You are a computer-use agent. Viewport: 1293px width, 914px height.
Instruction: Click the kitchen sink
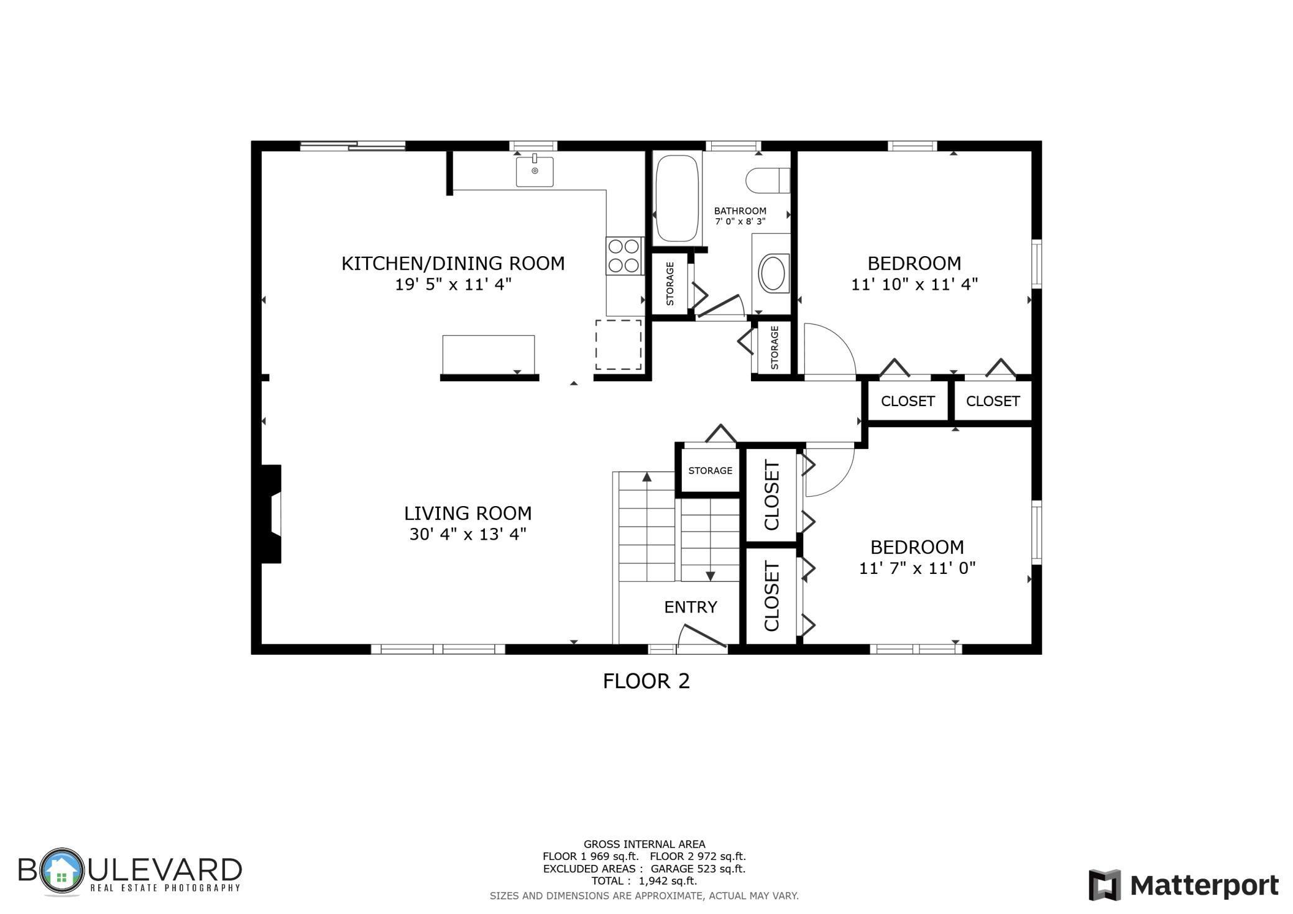click(x=534, y=171)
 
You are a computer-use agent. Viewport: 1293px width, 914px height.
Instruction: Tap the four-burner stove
click(x=624, y=256)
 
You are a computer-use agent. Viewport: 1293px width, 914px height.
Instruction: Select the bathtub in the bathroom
click(x=677, y=198)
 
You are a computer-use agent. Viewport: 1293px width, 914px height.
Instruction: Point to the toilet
click(x=767, y=181)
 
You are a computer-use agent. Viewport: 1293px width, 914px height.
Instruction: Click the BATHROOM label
click(x=740, y=211)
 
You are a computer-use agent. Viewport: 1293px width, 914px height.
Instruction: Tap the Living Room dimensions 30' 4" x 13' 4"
click(x=467, y=534)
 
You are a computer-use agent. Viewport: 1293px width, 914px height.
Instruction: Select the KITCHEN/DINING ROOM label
click(x=453, y=264)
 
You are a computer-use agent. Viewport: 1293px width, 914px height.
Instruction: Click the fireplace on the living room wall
click(x=271, y=514)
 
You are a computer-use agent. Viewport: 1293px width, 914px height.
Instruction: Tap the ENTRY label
click(x=690, y=607)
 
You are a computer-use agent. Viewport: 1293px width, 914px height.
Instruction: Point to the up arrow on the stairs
click(x=646, y=477)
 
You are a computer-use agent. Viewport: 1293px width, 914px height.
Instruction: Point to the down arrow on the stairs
click(x=711, y=576)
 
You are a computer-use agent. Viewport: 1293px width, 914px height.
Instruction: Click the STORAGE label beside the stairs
click(x=710, y=471)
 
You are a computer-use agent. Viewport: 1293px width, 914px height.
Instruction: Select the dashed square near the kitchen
click(x=618, y=345)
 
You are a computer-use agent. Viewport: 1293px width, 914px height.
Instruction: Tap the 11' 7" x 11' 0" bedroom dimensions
click(x=917, y=568)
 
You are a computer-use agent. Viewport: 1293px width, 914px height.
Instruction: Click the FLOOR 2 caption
click(x=646, y=681)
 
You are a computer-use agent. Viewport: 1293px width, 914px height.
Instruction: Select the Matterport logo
click(x=1183, y=884)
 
